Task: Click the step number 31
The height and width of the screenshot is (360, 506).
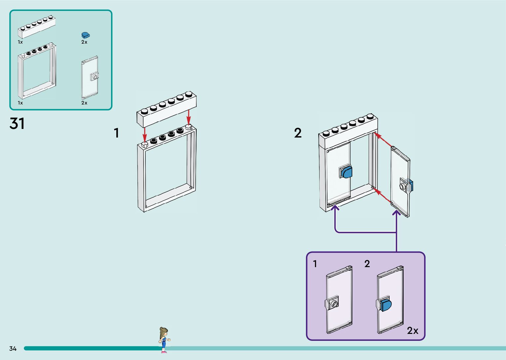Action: tap(17, 124)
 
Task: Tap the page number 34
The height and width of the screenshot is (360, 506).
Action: tap(13, 348)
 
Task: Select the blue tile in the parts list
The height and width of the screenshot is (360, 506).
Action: tap(86, 35)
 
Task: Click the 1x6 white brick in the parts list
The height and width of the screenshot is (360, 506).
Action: tap(36, 27)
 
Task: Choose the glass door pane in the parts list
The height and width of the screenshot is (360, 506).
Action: tap(90, 78)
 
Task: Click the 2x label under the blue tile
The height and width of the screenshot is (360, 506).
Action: tap(84, 42)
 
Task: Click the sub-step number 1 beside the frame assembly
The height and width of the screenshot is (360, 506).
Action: tap(116, 133)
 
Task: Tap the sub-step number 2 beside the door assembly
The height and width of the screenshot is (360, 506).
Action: tap(298, 133)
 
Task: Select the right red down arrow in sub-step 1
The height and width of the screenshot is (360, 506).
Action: tap(188, 117)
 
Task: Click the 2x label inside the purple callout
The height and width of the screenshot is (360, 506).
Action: tap(412, 331)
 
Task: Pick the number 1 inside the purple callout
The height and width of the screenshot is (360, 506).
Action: tap(315, 264)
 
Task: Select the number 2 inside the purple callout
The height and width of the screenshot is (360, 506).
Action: tap(367, 264)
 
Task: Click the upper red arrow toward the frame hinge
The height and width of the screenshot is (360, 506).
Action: tap(383, 140)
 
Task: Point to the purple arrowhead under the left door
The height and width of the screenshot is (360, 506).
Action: tap(335, 208)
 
